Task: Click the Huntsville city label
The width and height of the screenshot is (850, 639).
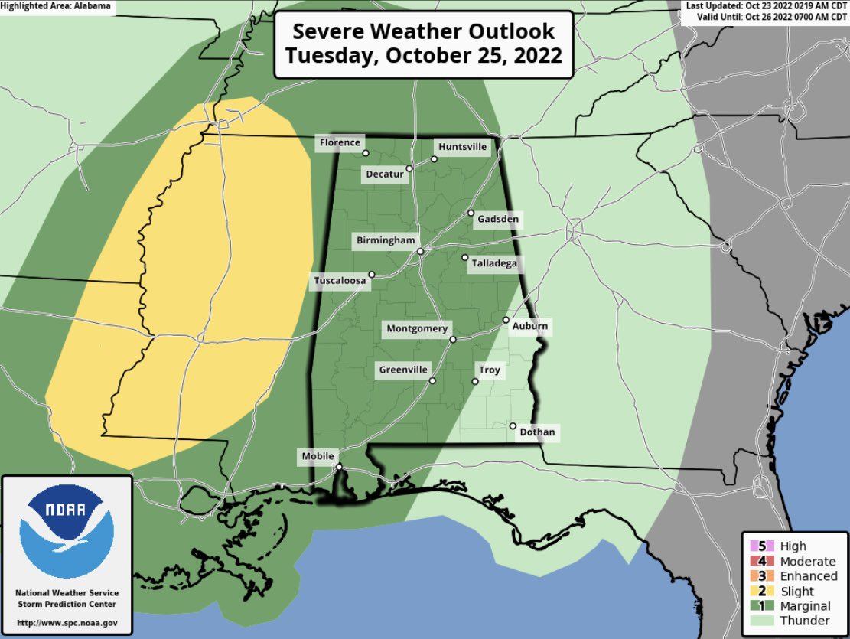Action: pyautogui.click(x=462, y=147)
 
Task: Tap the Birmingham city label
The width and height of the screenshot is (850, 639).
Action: pyautogui.click(x=386, y=241)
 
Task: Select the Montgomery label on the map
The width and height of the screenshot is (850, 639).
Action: pyautogui.click(x=417, y=329)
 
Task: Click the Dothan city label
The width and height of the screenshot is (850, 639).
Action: pyautogui.click(x=536, y=433)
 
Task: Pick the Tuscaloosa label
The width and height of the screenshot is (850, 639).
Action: pyautogui.click(x=340, y=282)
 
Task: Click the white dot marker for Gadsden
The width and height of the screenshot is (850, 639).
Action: pyautogui.click(x=471, y=213)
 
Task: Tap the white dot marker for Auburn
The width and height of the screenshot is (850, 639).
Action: pyautogui.click(x=506, y=319)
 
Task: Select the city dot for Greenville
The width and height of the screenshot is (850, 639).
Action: pyautogui.click(x=432, y=380)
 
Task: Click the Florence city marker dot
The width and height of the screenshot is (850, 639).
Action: pyautogui.click(x=366, y=152)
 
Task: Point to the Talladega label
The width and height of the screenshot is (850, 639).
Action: pyautogui.click(x=494, y=263)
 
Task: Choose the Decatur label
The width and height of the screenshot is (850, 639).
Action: pyautogui.click(x=384, y=174)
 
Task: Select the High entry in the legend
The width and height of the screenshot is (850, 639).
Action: pyautogui.click(x=793, y=546)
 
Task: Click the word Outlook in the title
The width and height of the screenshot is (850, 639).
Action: pyautogui.click(x=506, y=33)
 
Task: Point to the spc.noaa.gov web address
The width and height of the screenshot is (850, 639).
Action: pyautogui.click(x=67, y=621)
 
